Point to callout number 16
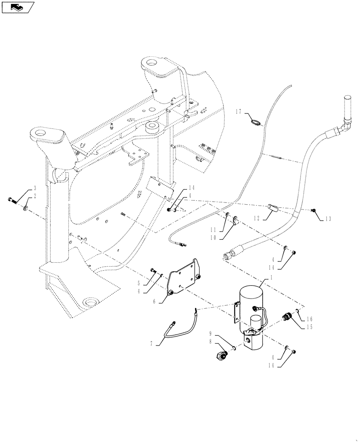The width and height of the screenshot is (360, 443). click(x=310, y=319)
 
